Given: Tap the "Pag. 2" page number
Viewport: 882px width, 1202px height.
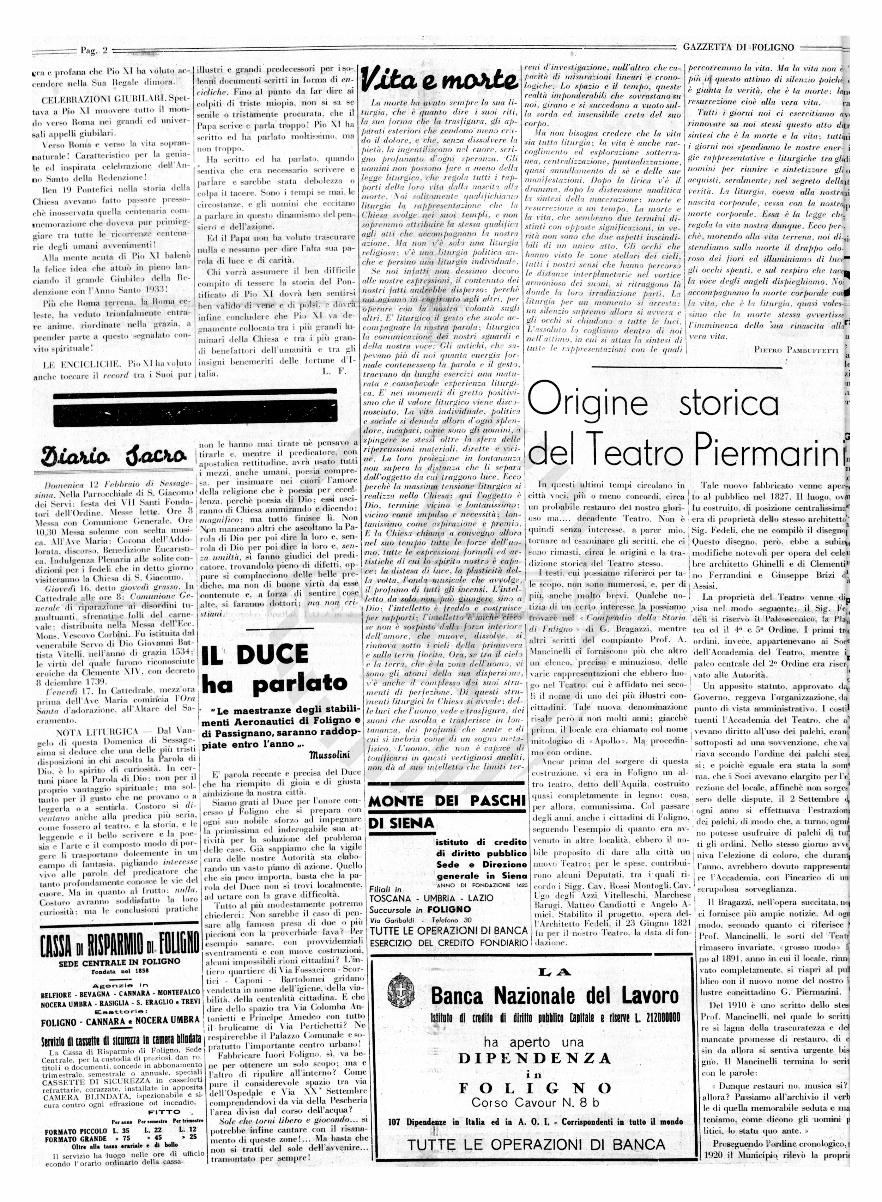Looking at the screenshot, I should click(94, 51).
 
